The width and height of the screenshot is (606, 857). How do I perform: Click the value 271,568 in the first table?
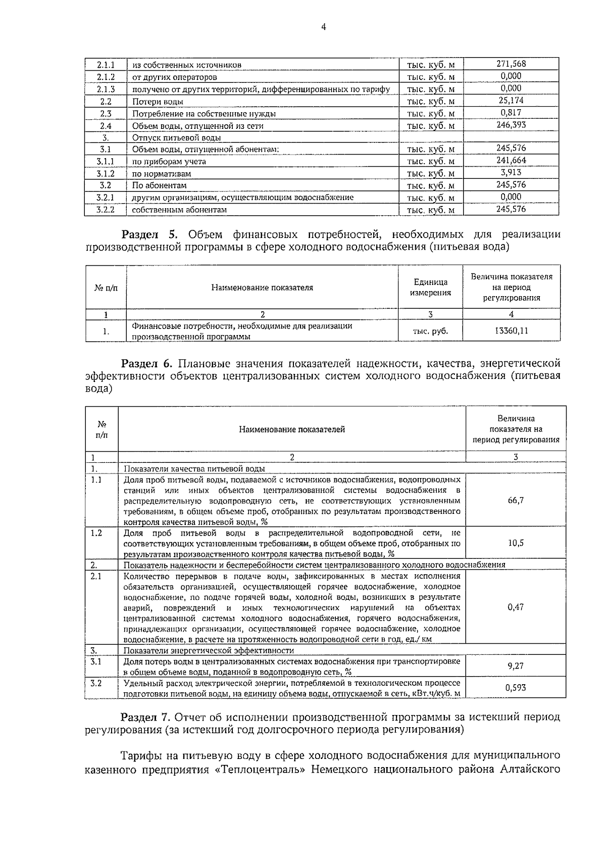511,64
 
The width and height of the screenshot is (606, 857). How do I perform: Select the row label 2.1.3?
106,89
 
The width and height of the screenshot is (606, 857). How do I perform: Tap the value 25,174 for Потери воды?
511,101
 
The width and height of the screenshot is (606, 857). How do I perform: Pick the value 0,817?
511,113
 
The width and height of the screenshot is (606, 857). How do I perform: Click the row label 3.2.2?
106,209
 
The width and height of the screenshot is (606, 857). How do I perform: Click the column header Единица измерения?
430,287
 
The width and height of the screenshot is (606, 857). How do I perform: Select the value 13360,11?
511,331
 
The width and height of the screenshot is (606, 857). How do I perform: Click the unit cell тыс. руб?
430,331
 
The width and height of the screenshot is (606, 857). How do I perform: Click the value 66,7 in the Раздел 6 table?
515,500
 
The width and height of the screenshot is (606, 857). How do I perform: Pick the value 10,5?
515,543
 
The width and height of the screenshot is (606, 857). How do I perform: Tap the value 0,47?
515,607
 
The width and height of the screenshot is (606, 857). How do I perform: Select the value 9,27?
515,666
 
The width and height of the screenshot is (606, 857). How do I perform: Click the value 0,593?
515,688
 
